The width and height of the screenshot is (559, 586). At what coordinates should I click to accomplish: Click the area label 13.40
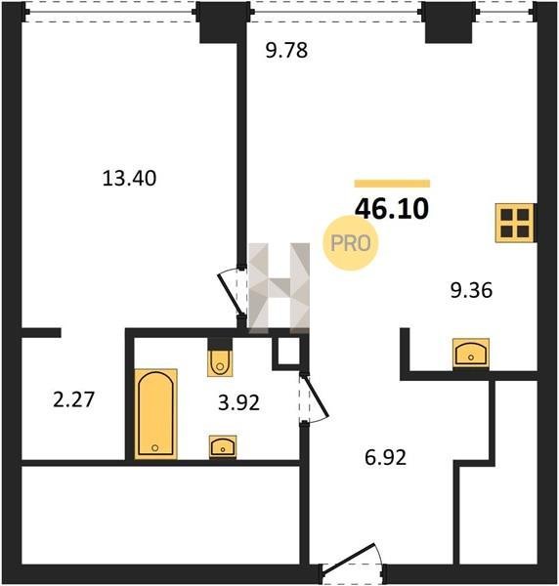(129, 179)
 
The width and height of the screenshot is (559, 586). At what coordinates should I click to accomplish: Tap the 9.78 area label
(286, 51)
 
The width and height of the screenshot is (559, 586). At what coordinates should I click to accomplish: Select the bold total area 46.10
(392, 209)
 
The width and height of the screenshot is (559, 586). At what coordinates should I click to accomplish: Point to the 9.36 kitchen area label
(471, 290)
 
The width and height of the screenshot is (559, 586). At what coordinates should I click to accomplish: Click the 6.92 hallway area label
(385, 457)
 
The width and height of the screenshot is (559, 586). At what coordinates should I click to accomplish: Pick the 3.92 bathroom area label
(238, 402)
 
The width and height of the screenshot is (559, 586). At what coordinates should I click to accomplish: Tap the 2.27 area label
(73, 399)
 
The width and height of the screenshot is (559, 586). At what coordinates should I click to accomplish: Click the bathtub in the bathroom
(155, 414)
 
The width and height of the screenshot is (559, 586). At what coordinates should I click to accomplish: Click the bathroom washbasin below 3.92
(223, 446)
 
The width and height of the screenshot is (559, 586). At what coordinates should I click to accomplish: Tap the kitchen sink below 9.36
(471, 353)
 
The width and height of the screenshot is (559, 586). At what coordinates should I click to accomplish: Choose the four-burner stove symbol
(515, 223)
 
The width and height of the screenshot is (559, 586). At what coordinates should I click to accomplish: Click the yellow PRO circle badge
(351, 243)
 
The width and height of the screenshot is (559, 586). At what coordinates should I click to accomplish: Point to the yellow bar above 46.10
(392, 184)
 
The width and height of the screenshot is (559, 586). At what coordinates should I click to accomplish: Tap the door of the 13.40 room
(231, 293)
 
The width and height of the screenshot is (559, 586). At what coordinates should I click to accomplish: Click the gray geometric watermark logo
(279, 288)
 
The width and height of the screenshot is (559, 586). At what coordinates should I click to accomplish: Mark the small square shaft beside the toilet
(288, 351)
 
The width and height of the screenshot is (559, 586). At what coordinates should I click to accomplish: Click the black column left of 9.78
(224, 22)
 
